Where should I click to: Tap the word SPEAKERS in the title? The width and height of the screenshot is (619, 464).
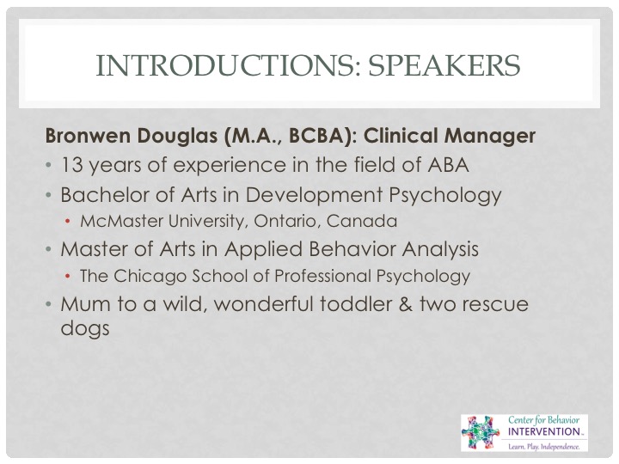444,65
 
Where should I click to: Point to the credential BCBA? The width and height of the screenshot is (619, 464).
319,136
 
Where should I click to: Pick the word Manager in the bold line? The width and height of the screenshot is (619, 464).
490,137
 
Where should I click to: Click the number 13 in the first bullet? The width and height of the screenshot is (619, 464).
72,165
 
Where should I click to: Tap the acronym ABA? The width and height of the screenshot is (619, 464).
449,165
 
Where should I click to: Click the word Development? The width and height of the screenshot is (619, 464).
315,196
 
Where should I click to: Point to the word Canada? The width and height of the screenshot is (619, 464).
362,221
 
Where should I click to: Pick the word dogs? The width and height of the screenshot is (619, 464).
85,328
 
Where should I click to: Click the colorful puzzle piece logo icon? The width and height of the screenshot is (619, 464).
481,432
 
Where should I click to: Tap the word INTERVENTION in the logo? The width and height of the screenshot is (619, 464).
544,431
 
